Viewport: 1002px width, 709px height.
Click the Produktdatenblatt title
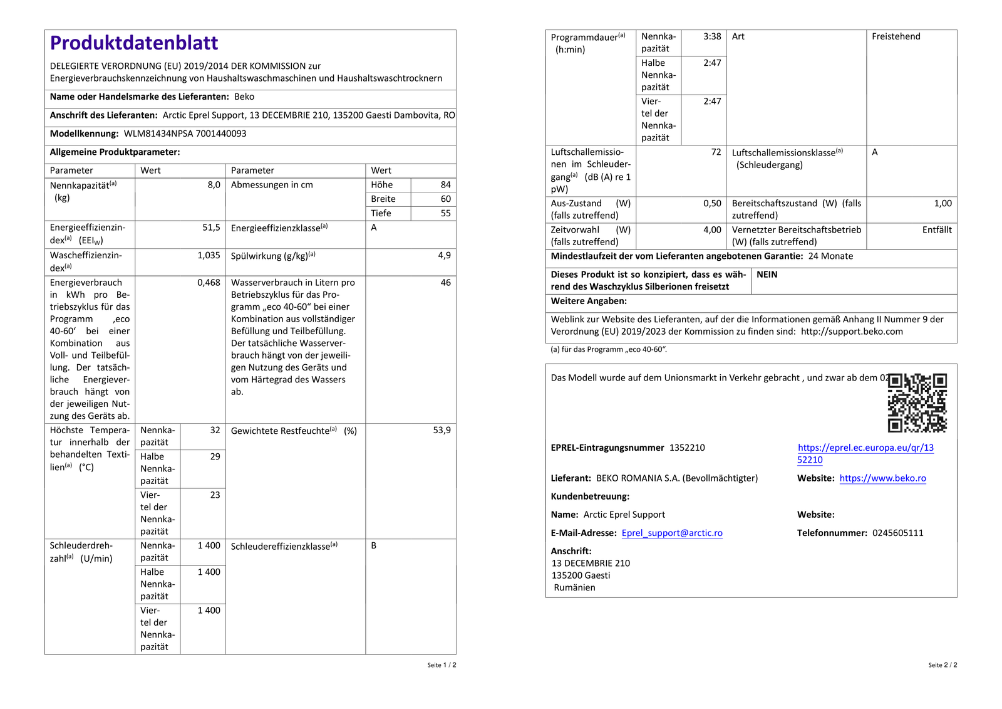134,43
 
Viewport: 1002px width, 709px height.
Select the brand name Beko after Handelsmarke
244,97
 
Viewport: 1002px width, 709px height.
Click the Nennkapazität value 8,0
214,185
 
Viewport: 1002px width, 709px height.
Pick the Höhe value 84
445,185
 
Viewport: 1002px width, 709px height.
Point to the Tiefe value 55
445,213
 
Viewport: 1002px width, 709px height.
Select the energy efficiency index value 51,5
211,228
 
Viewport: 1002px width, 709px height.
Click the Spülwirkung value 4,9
444,255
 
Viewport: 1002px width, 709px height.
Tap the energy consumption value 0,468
209,283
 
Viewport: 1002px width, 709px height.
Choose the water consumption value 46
445,283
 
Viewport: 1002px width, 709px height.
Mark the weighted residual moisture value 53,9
442,430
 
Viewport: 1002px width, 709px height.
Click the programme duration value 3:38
712,36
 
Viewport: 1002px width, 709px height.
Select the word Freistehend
896,36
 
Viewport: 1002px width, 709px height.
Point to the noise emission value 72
716,152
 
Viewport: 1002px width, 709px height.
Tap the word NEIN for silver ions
767,275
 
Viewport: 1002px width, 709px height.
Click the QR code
917,402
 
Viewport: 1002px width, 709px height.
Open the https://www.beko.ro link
882,478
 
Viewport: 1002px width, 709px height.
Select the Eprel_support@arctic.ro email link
672,533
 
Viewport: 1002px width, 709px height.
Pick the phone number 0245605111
897,533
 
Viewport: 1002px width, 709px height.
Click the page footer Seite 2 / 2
943,665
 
